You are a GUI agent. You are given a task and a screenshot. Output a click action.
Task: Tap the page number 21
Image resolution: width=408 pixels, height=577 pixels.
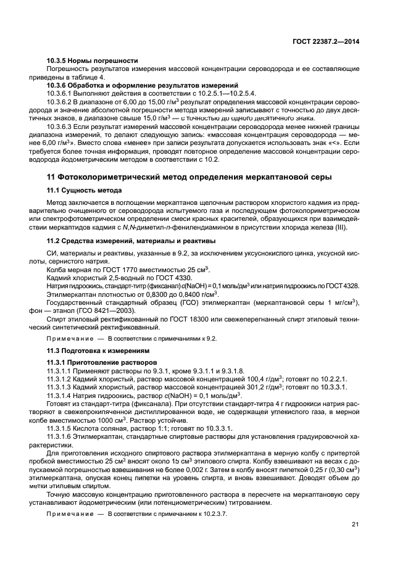[x=355, y=525]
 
